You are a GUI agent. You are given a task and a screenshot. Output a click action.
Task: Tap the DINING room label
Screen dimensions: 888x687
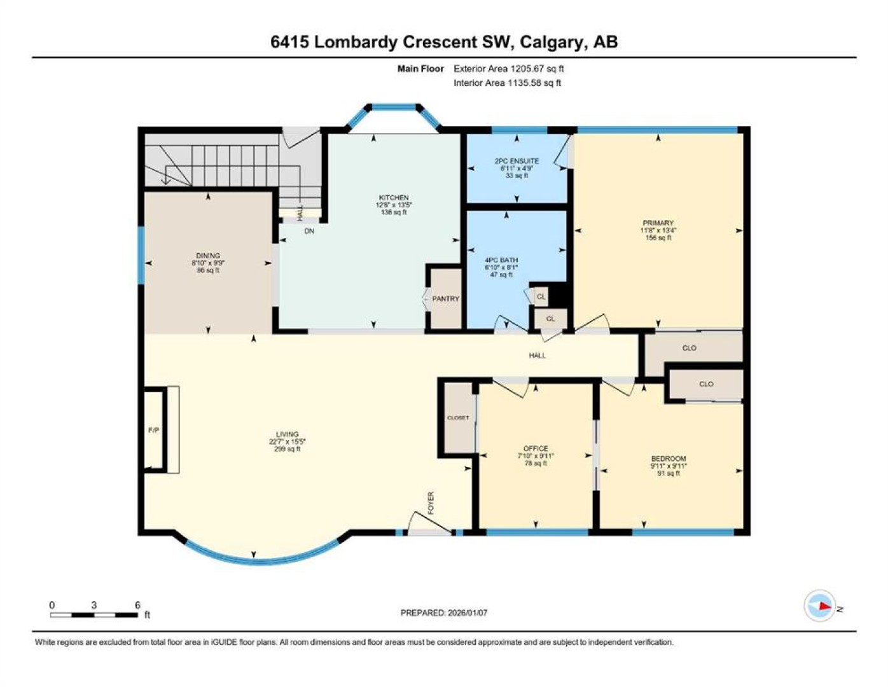207,256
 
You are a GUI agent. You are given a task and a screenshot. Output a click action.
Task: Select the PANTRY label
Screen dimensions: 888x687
445,299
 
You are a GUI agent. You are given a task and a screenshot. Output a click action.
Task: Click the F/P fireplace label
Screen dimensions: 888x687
154,431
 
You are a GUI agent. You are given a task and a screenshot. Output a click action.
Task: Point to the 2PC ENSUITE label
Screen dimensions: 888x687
517,161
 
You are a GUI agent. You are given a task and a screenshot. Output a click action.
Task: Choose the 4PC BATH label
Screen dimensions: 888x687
501,260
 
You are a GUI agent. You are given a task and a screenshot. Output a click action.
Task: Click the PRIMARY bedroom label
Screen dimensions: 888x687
658,223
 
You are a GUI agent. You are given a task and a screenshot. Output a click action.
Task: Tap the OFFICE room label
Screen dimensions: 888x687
536,448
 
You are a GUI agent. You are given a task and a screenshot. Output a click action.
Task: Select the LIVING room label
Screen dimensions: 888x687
288,434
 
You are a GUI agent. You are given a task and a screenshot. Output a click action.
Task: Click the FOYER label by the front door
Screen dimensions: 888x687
431,503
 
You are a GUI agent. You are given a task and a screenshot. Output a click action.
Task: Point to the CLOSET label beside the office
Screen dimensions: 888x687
458,418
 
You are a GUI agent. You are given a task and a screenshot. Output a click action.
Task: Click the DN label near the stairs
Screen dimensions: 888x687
309,231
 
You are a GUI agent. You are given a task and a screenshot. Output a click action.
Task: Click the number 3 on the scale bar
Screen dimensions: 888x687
94,606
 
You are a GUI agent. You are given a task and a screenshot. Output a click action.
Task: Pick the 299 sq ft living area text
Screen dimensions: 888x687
288,448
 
